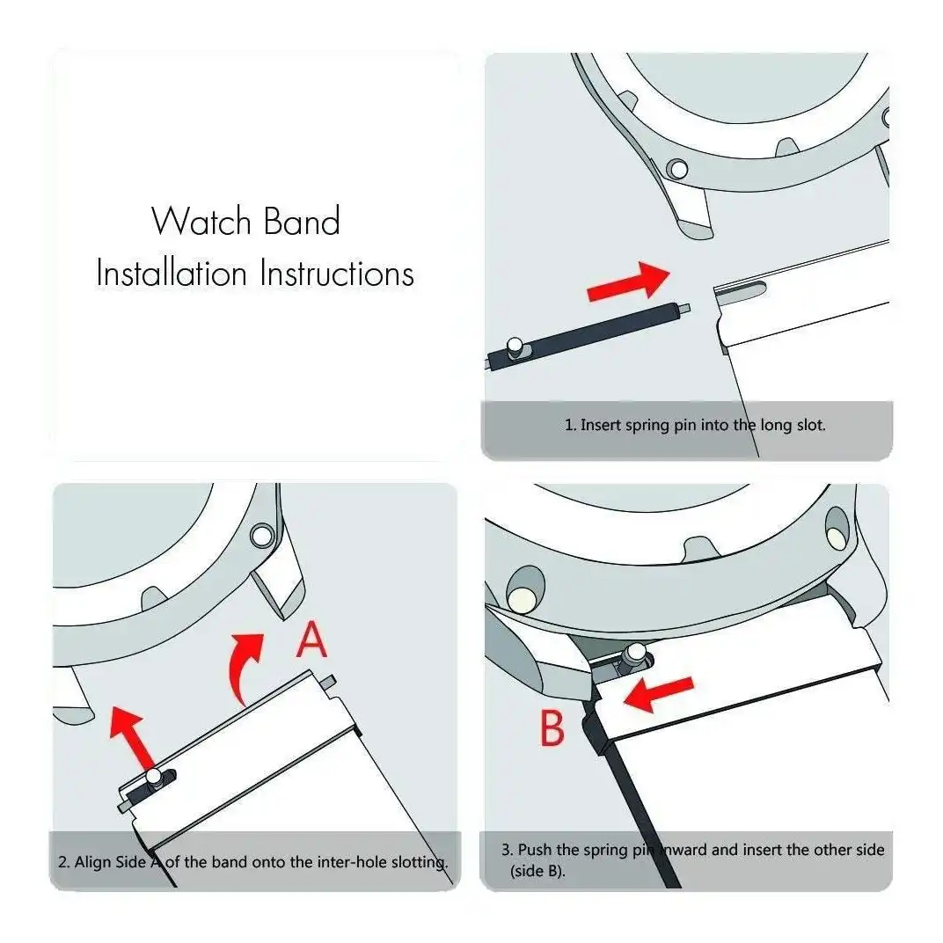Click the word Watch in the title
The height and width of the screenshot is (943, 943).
click(x=201, y=221)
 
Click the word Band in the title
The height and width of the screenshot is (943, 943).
click(x=303, y=221)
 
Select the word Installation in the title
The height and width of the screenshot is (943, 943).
click(x=172, y=273)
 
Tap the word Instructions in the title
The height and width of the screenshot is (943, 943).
click(x=337, y=273)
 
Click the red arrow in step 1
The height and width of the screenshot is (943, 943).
click(x=628, y=281)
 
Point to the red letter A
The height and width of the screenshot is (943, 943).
click(x=311, y=640)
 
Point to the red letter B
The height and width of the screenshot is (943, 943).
click(x=552, y=727)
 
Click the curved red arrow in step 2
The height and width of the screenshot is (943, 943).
click(x=244, y=667)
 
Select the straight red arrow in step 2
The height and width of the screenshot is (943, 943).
click(x=132, y=738)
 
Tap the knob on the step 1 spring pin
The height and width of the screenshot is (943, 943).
click(x=515, y=347)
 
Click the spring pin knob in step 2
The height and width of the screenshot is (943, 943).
click(x=155, y=778)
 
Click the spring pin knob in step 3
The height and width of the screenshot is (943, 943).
click(x=635, y=653)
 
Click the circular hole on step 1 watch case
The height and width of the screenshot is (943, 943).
click(x=678, y=170)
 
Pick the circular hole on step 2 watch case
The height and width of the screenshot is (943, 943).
click(x=261, y=535)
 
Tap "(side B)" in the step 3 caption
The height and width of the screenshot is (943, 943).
click(x=537, y=871)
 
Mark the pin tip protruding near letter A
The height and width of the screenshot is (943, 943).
click(x=328, y=682)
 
